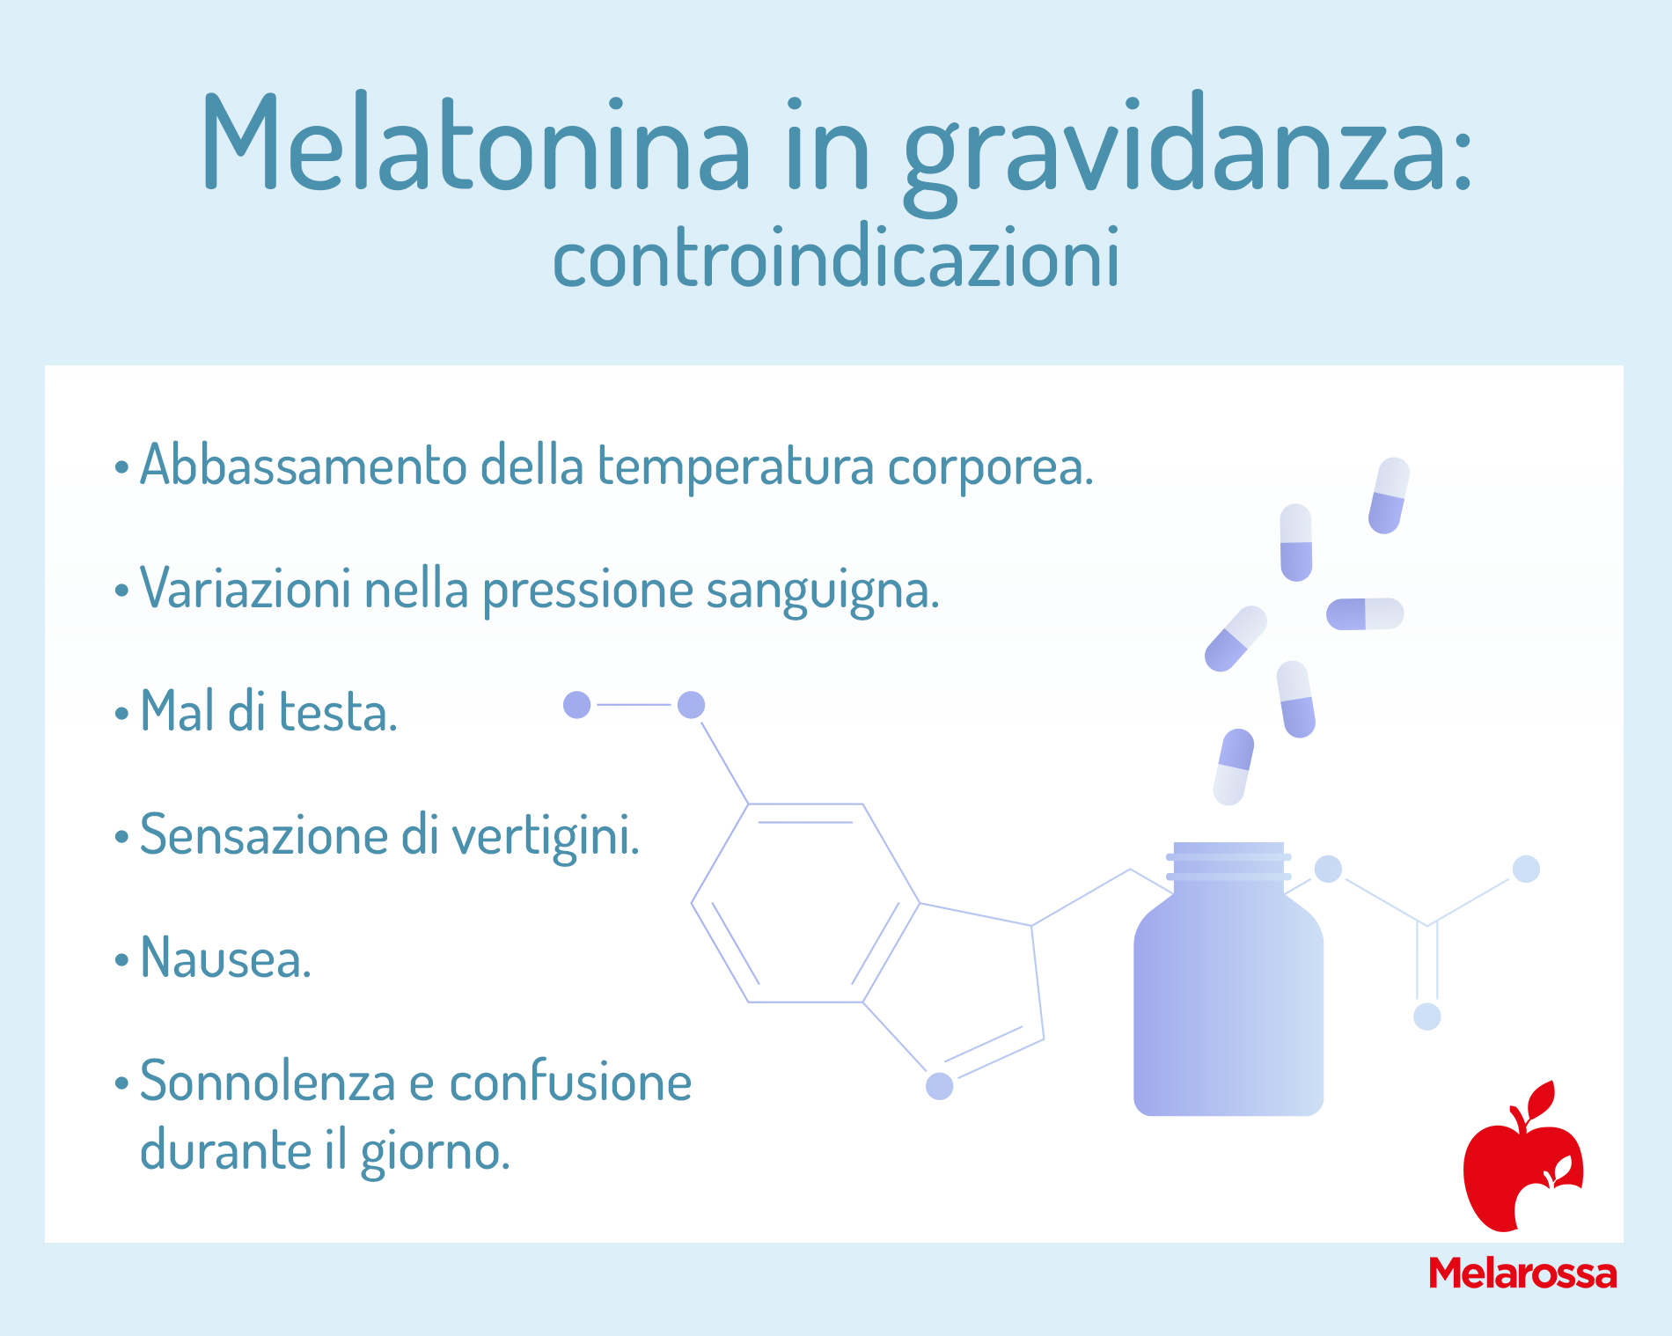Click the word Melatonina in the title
point(476,143)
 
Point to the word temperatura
point(736,466)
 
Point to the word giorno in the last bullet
point(436,1152)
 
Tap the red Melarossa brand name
point(1522,1274)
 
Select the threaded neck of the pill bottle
point(1228,862)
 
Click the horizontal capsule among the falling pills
point(1365,613)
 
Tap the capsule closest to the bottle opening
point(1234,767)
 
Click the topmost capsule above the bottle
point(1389,495)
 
